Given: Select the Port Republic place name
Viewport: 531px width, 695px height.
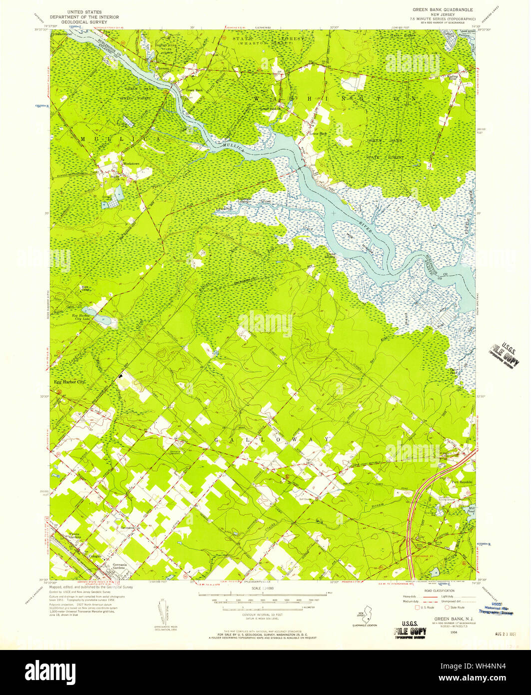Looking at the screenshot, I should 462,482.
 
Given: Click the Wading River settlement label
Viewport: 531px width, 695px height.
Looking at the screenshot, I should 453,78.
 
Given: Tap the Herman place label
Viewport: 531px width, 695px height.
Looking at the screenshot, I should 163,68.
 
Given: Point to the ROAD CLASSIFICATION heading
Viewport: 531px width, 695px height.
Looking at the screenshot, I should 438,590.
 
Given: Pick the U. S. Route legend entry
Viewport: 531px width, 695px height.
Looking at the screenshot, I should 426,607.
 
